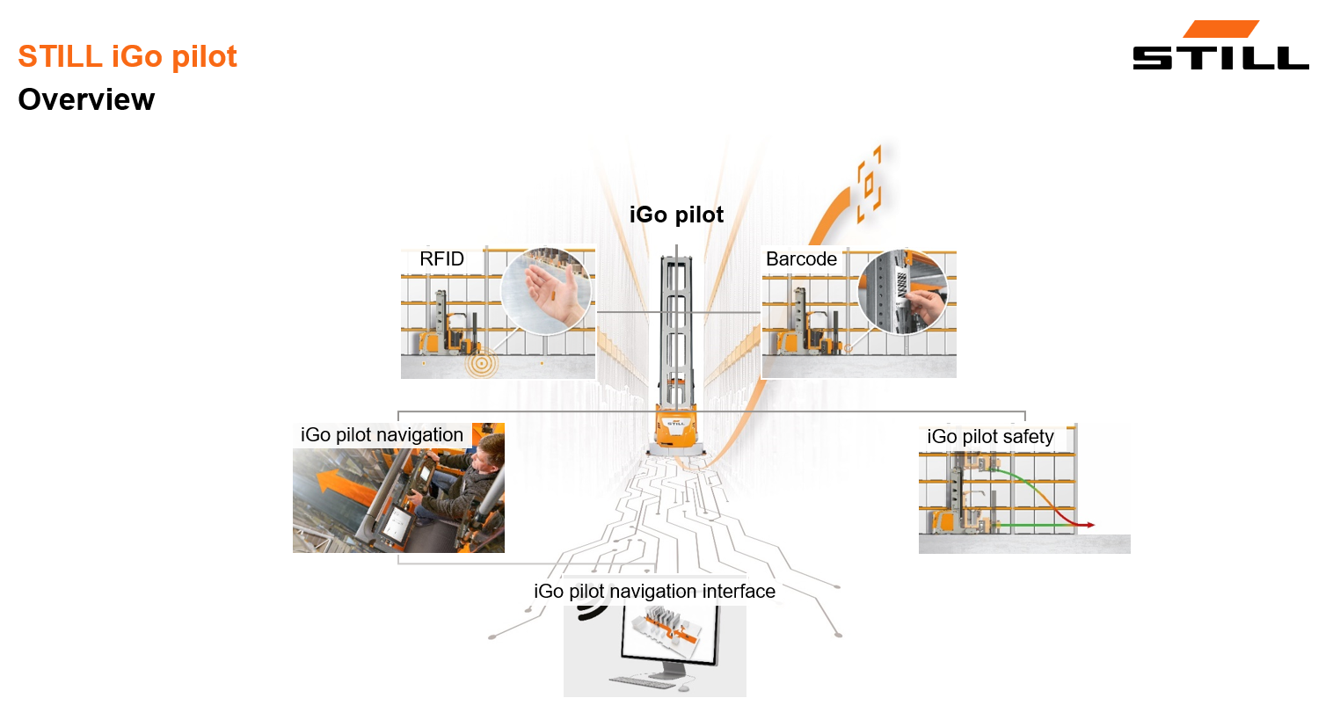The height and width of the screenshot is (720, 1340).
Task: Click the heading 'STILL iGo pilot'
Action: (127, 56)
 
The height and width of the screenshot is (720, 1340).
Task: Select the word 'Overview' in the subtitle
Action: (86, 99)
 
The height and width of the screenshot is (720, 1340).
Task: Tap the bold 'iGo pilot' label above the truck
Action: (676, 215)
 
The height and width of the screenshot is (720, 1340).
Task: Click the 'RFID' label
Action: (441, 258)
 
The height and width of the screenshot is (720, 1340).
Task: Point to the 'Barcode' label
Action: (801, 258)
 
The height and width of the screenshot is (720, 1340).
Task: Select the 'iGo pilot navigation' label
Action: (382, 434)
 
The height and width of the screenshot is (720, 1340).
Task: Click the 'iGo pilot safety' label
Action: (990, 436)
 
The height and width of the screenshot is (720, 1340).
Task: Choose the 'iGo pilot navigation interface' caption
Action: (654, 591)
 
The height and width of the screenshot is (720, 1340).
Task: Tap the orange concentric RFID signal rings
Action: (481, 362)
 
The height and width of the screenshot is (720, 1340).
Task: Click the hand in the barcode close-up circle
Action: (923, 303)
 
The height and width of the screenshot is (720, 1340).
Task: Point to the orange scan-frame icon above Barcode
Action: (869, 184)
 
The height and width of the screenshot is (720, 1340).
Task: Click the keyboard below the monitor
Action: (642, 682)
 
